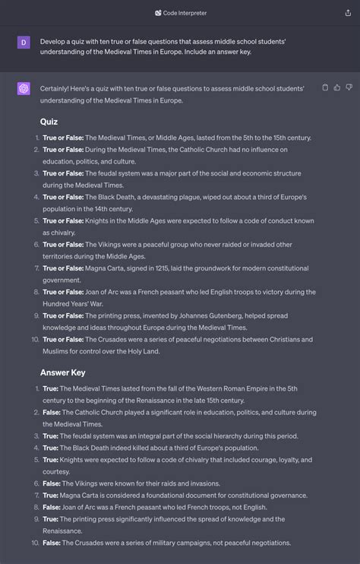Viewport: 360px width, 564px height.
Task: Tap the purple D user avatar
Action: click(x=24, y=43)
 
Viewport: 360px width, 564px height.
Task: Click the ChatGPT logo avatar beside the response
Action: click(x=24, y=89)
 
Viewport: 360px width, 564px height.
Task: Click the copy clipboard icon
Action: click(x=326, y=87)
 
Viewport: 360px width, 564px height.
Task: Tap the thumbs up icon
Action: click(x=337, y=87)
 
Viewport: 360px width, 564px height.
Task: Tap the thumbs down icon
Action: click(x=349, y=87)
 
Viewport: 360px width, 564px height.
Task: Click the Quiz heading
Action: click(x=49, y=122)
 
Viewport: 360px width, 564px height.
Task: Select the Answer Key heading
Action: click(x=62, y=372)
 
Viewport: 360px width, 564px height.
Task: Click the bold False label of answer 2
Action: click(x=52, y=412)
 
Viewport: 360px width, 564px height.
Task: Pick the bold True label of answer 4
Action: click(x=51, y=448)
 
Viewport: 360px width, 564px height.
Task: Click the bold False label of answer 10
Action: click(x=52, y=543)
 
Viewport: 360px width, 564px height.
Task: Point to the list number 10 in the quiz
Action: click(x=34, y=339)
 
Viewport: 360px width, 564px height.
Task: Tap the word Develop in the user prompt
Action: click(x=55, y=40)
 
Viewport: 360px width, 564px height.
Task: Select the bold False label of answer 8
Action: click(x=52, y=507)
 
